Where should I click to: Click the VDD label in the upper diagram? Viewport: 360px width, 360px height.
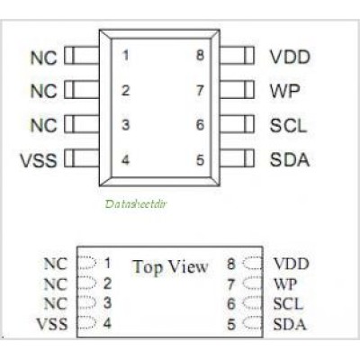[x=290, y=57]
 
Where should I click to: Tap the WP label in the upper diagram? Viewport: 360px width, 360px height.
[x=284, y=91]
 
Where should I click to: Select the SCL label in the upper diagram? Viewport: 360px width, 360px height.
[x=288, y=125]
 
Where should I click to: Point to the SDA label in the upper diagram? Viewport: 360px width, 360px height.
[x=290, y=159]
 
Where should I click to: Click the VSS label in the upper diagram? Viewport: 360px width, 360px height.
[x=39, y=160]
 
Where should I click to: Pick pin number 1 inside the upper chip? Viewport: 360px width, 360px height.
[x=126, y=56]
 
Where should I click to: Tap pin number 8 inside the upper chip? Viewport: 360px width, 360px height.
[x=200, y=56]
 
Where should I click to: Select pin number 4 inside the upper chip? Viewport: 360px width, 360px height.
[x=125, y=159]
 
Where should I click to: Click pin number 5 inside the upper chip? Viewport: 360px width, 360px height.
[x=200, y=159]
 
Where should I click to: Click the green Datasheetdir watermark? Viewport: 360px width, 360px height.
[x=136, y=204]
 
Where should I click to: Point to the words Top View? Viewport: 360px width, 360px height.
[x=170, y=267]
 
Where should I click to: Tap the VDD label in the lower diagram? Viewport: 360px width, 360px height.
[x=291, y=264]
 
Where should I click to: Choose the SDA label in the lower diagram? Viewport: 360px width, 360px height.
[x=290, y=324]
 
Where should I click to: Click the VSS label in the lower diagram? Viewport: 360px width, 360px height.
[x=52, y=324]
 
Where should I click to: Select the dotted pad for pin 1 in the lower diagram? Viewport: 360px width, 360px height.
[x=87, y=262]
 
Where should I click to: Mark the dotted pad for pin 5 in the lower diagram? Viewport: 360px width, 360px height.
[x=253, y=322]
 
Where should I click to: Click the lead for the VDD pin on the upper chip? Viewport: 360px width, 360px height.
[x=237, y=56]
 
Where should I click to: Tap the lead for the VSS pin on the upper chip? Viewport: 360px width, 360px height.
[x=82, y=158]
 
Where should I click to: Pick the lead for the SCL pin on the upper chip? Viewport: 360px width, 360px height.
[x=237, y=124]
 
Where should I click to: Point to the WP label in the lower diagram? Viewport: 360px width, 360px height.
[x=285, y=284]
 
